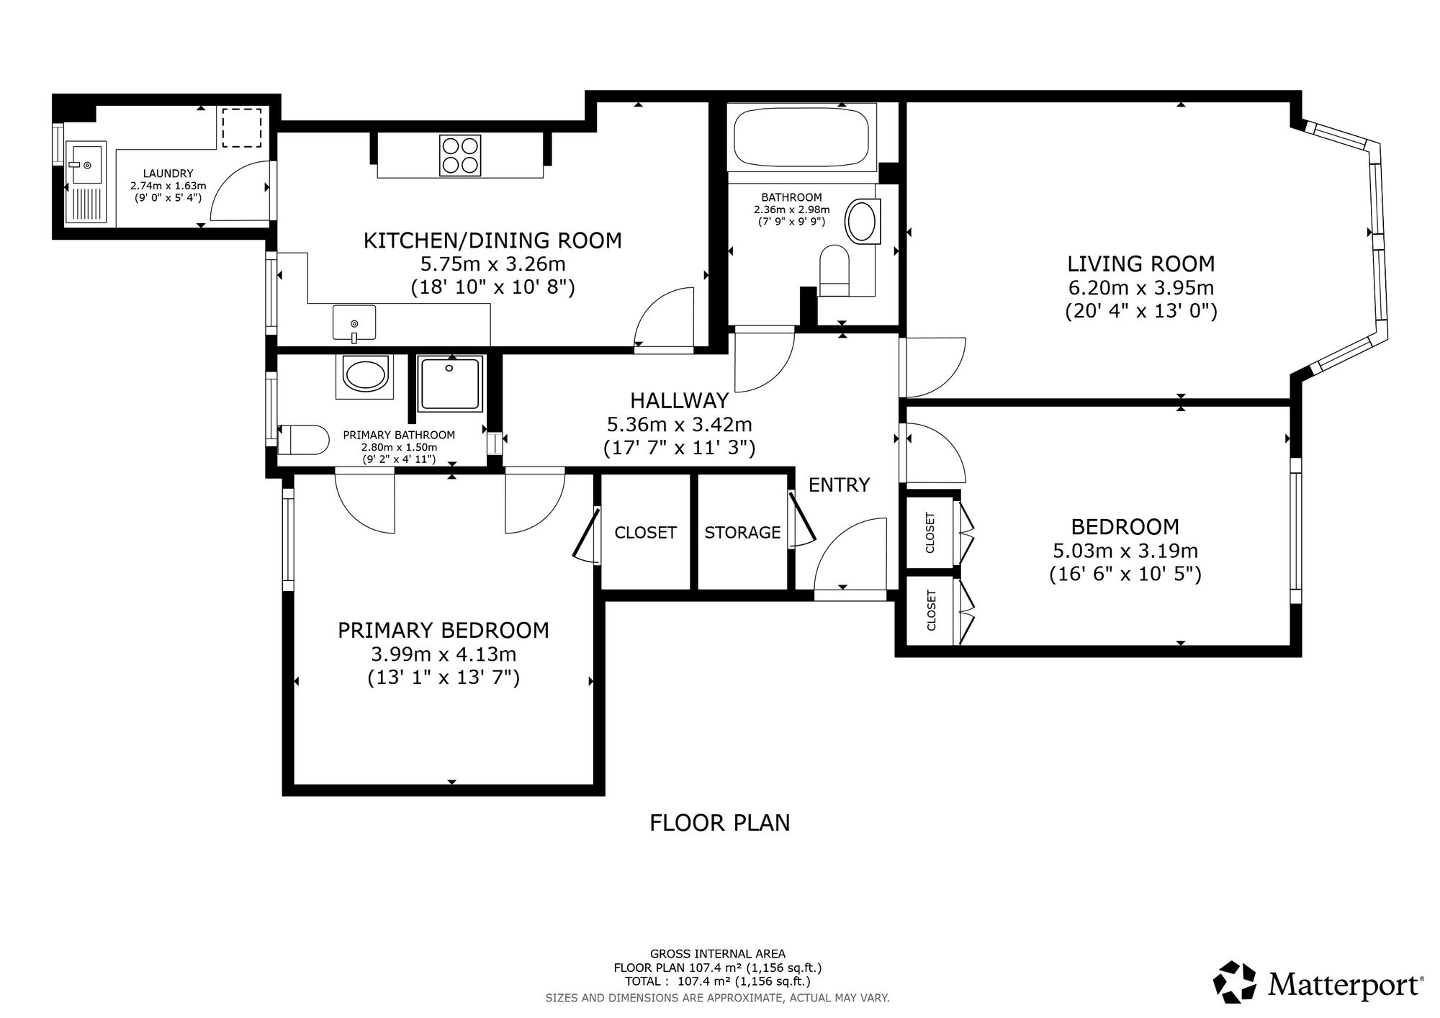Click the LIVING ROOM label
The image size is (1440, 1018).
[x=1140, y=263]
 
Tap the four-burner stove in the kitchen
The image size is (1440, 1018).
[x=460, y=155]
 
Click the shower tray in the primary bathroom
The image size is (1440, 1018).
[x=450, y=384]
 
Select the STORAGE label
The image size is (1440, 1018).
[x=742, y=532]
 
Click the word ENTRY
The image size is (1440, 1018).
[x=839, y=485]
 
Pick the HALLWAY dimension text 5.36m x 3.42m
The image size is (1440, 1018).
[x=680, y=425]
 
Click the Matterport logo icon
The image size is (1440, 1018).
[x=1236, y=981]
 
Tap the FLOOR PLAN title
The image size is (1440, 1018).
[x=720, y=822]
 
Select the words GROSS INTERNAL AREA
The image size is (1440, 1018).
[x=718, y=955]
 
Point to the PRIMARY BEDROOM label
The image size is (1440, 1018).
[x=444, y=631]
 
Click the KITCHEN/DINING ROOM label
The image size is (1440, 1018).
[x=492, y=240]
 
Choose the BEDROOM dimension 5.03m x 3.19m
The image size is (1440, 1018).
[x=1125, y=551]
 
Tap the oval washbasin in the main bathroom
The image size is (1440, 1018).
[x=862, y=221]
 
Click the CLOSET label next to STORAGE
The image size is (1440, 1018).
[x=645, y=532]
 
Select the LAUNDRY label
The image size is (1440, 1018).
[x=168, y=174]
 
